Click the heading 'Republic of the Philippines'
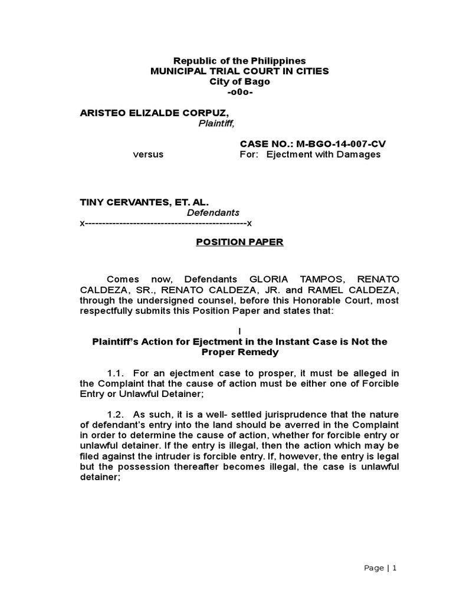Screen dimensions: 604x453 click(x=239, y=61)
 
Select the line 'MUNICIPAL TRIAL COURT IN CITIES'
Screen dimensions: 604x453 click(x=239, y=71)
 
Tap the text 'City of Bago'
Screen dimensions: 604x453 click(x=239, y=82)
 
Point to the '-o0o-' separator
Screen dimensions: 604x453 click(x=239, y=93)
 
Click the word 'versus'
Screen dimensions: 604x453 click(x=148, y=155)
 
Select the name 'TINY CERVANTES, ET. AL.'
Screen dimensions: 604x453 click(x=145, y=202)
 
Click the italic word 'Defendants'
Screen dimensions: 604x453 click(x=213, y=212)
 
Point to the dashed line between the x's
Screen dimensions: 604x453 click(x=166, y=224)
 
